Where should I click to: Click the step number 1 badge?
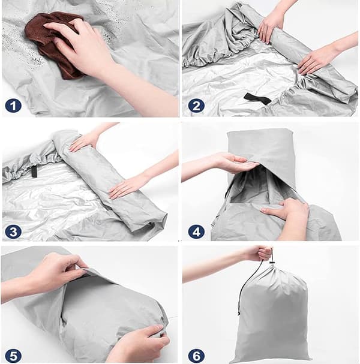13,106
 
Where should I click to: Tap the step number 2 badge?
196,106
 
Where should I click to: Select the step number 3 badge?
13,231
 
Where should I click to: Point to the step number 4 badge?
196,231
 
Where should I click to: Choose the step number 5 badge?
13,356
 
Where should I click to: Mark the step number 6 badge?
196,356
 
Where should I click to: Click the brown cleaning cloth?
53,44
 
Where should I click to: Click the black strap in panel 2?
257,99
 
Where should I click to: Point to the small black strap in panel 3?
34,172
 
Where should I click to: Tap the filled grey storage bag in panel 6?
272,314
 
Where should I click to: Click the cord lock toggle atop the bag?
272,263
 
